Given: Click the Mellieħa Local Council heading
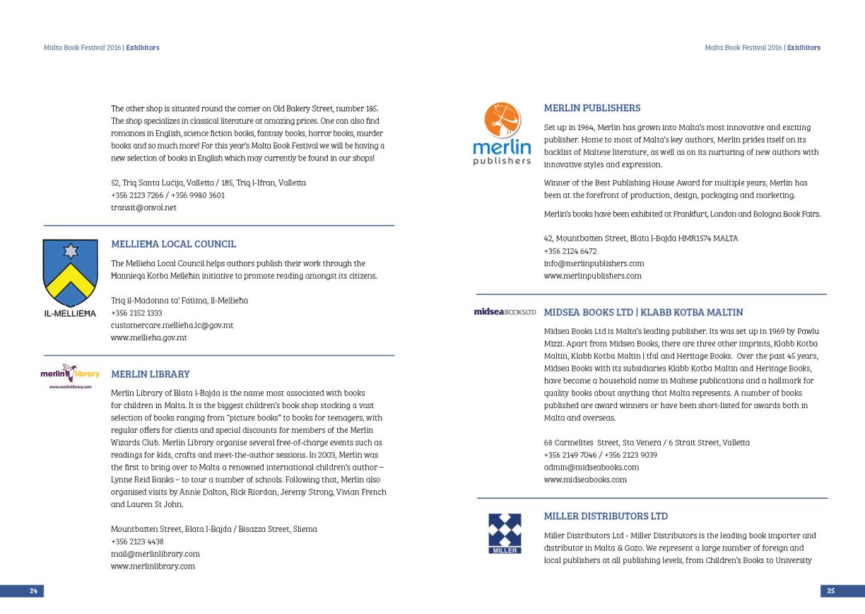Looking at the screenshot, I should pyautogui.click(x=173, y=244).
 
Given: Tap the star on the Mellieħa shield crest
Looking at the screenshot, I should pyautogui.click(x=70, y=251).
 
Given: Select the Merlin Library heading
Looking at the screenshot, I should pyautogui.click(x=150, y=374).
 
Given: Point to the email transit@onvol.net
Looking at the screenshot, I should pyautogui.click(x=143, y=208).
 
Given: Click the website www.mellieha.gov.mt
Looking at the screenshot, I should pyautogui.click(x=148, y=338).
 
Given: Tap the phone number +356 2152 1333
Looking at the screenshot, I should pyautogui.click(x=136, y=313).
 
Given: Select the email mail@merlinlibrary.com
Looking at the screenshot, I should pyautogui.click(x=155, y=554).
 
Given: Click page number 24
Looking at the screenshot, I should pyautogui.click(x=33, y=591).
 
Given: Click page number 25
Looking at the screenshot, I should pyautogui.click(x=831, y=591).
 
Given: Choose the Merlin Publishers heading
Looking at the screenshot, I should pyautogui.click(x=592, y=108).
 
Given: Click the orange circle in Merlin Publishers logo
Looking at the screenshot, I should pyautogui.click(x=502, y=120).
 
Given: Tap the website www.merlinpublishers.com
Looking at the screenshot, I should pyautogui.click(x=592, y=276).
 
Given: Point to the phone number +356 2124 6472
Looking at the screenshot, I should pyautogui.click(x=570, y=251).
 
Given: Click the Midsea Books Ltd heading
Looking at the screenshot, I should pyautogui.click(x=643, y=312).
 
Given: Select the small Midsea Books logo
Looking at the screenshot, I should pyautogui.click(x=505, y=312).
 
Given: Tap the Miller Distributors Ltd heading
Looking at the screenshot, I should pyautogui.click(x=606, y=516).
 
